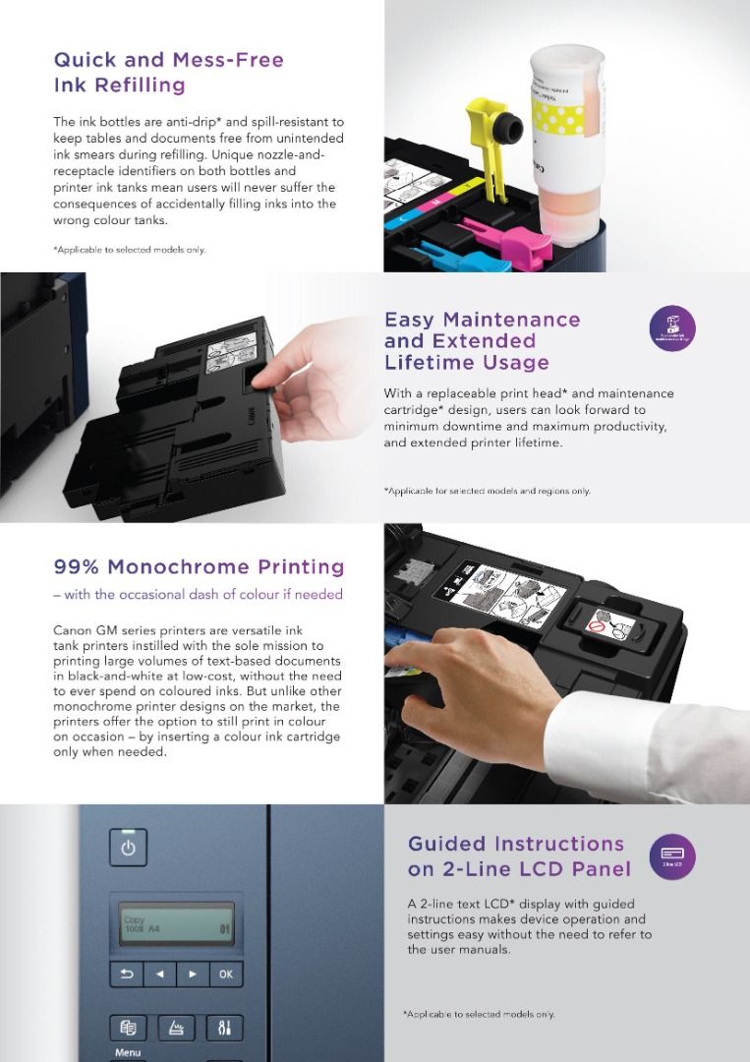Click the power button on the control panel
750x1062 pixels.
coord(128,847)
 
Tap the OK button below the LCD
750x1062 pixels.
coord(225,974)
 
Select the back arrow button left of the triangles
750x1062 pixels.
coord(127,974)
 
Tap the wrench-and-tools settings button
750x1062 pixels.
coord(225,1028)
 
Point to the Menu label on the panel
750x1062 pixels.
coord(128,1052)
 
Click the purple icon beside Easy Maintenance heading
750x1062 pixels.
coord(672,329)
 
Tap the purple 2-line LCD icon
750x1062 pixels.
coord(672,855)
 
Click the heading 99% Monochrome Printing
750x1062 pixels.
coord(199,567)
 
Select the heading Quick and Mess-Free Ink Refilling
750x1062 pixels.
coord(168,73)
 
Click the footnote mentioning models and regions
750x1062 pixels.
coord(487,491)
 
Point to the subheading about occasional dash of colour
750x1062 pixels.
coord(198,594)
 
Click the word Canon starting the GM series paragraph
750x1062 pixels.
coord(72,629)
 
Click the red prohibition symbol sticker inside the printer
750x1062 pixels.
coord(595,625)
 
